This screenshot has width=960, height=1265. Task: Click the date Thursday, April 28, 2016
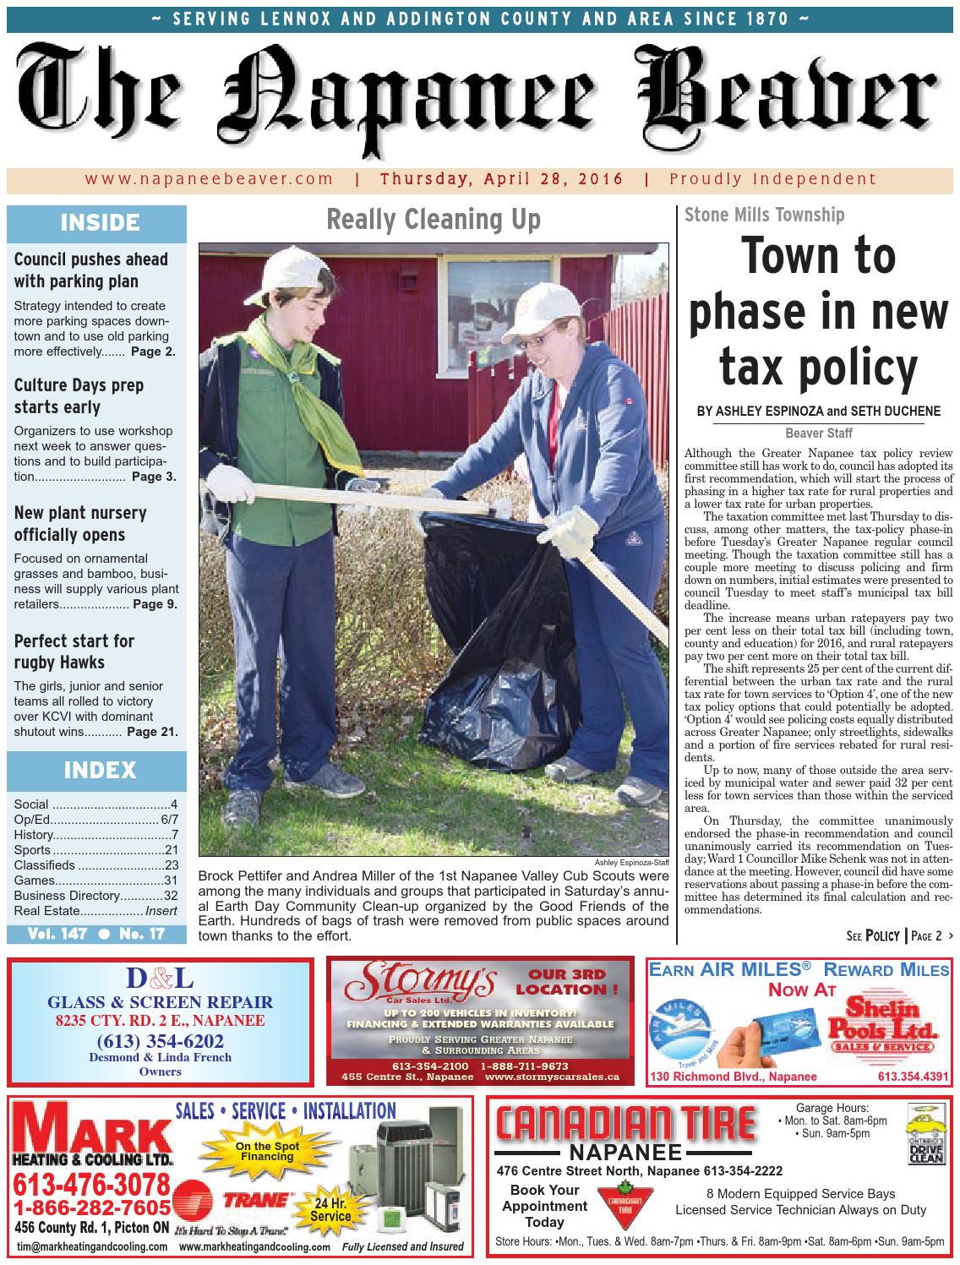(502, 179)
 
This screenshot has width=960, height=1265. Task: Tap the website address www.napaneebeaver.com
(209, 179)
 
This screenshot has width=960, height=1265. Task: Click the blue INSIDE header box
(97, 223)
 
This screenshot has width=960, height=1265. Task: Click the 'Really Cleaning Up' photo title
(433, 220)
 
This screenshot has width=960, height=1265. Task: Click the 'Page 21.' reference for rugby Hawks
(152, 732)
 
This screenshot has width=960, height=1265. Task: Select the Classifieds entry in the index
(95, 865)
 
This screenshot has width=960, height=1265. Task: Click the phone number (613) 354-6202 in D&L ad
(161, 1040)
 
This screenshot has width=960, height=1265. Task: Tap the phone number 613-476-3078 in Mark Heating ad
(91, 1185)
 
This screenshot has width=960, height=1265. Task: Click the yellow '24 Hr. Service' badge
(330, 1209)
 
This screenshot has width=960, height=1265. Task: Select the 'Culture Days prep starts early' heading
(79, 395)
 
